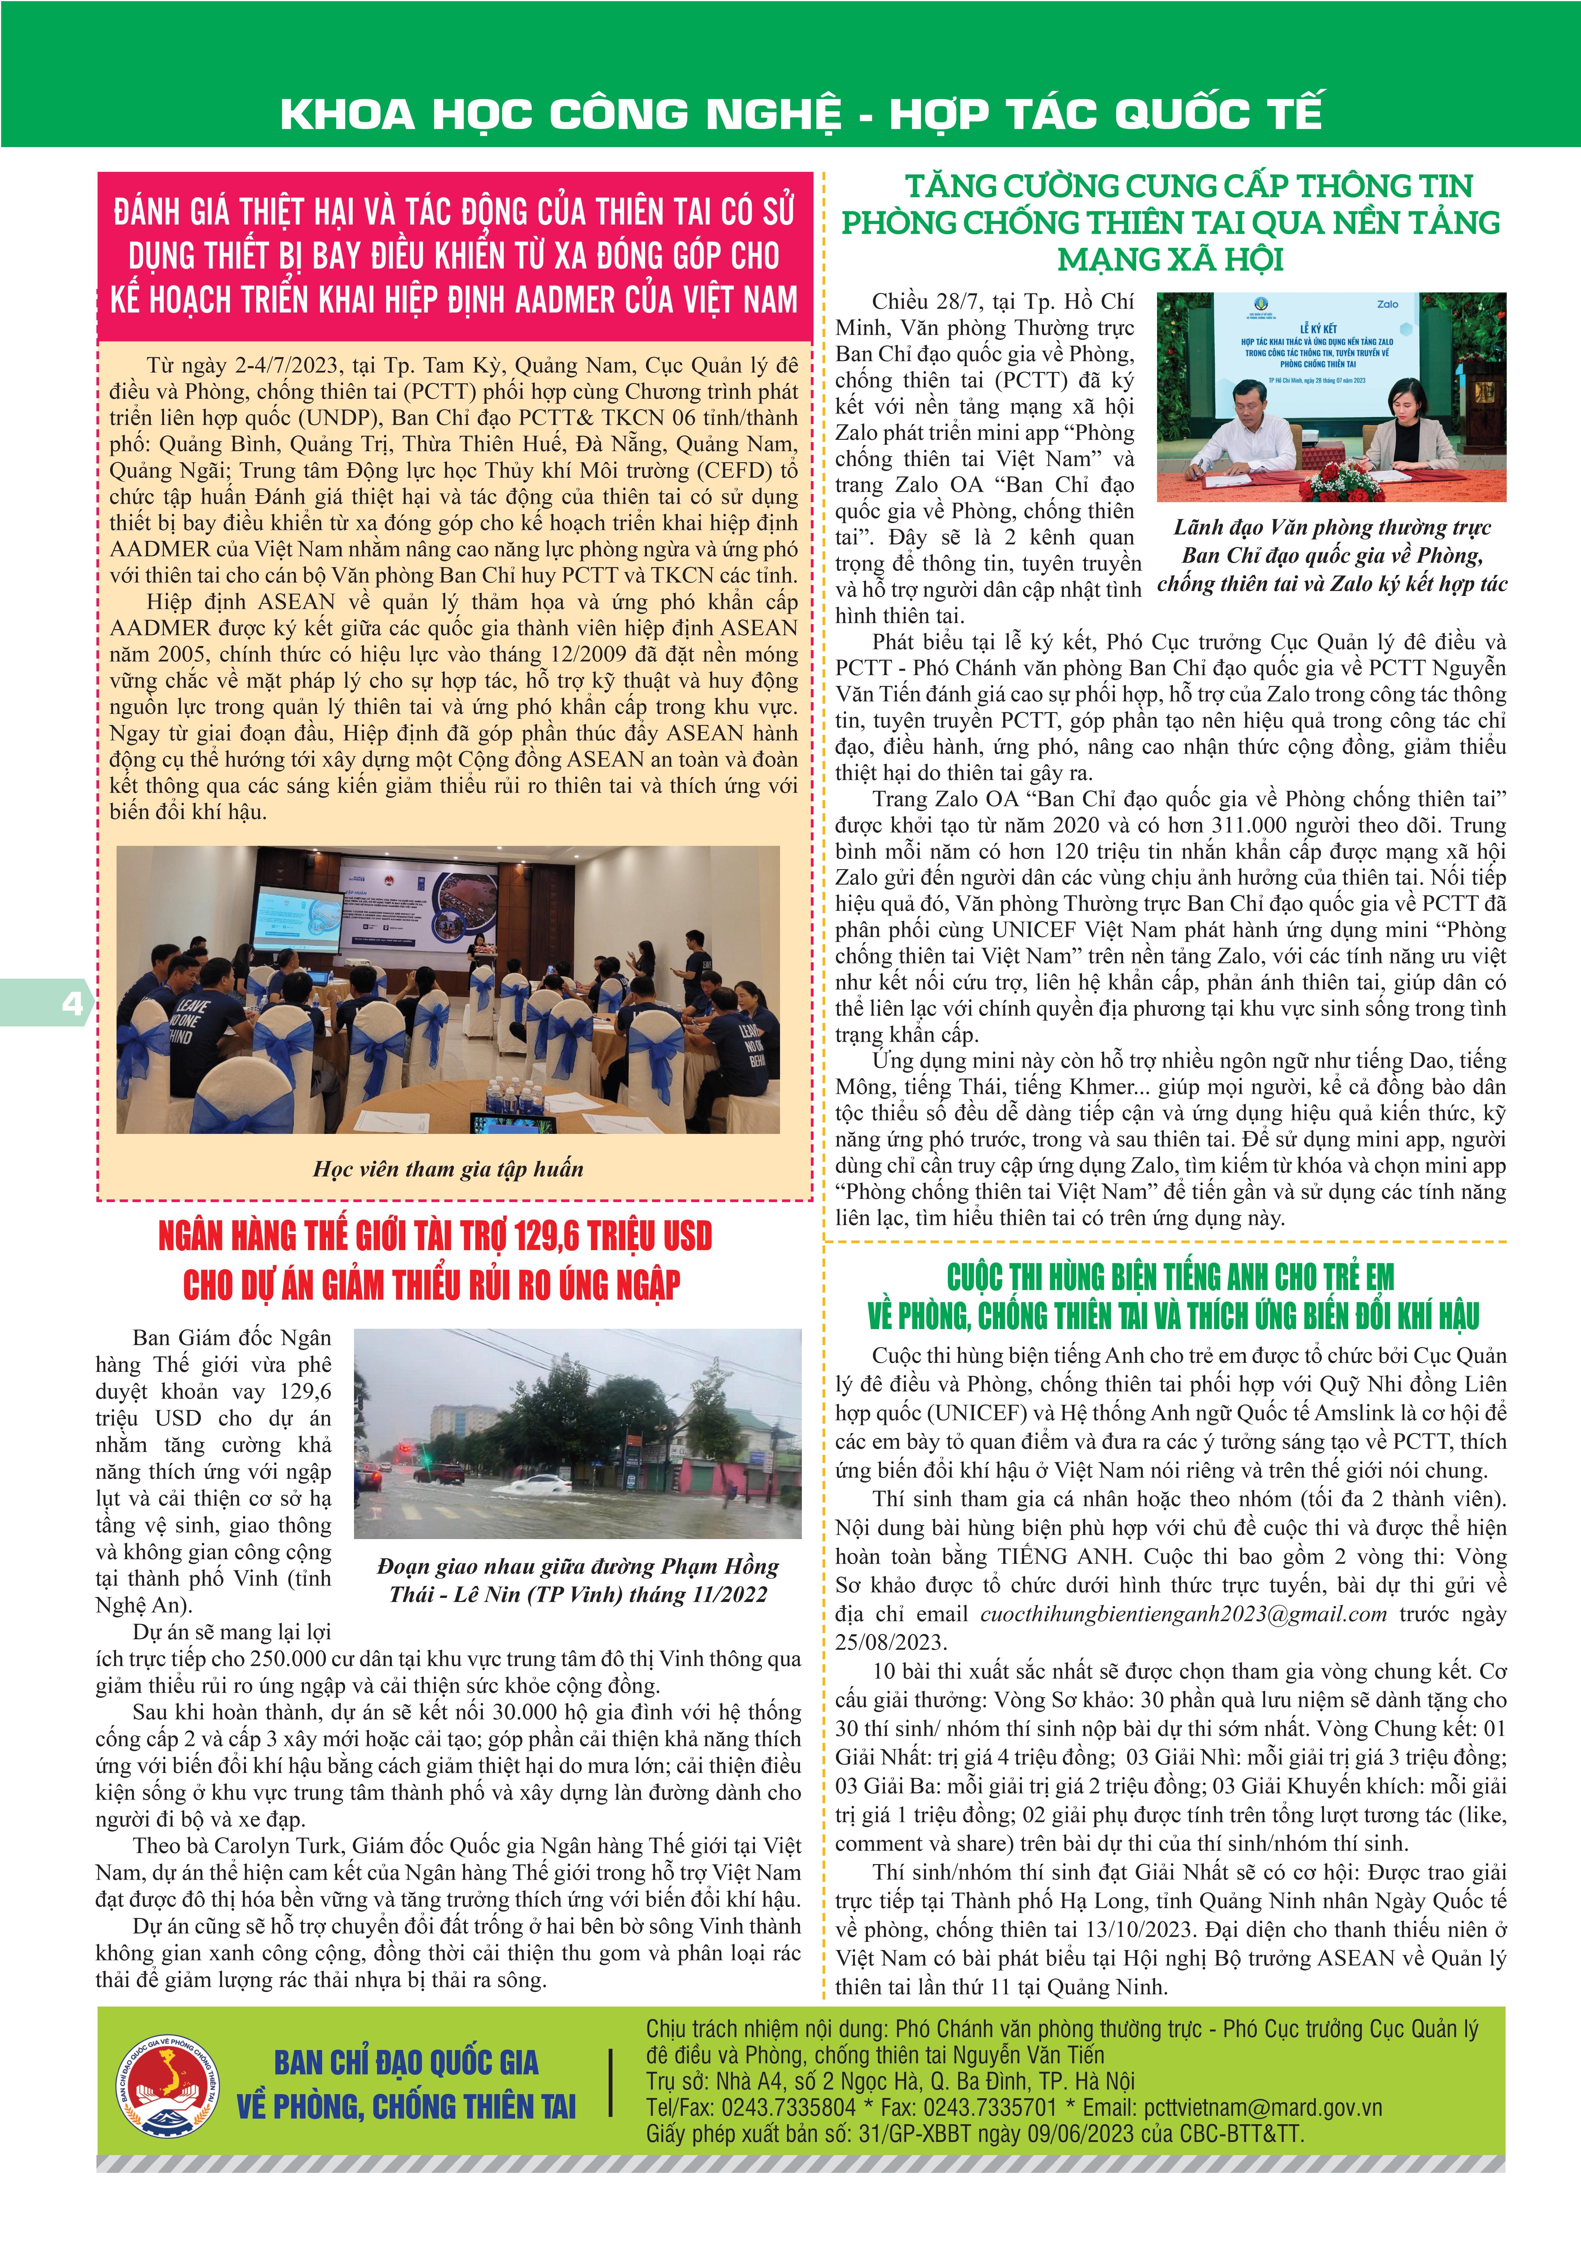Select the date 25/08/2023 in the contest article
point(890,1642)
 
